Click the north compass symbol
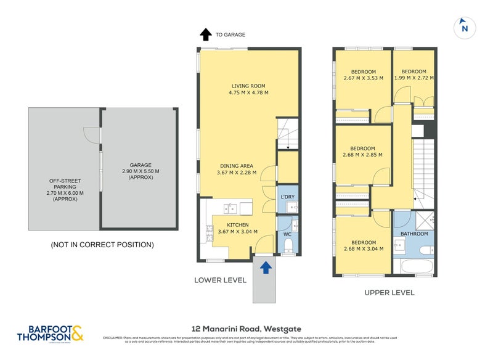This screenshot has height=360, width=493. click(x=464, y=27)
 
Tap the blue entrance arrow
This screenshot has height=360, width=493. click(x=266, y=267)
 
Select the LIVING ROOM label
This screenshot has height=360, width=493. click(x=248, y=86)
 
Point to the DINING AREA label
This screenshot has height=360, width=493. click(x=243, y=166)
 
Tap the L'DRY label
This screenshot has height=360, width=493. click(x=288, y=196)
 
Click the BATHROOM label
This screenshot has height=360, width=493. click(x=414, y=234)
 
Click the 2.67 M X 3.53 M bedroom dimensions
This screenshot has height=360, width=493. click(x=363, y=78)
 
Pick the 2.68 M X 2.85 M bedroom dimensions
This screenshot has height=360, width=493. click(x=362, y=155)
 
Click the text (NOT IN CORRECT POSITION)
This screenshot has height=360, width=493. click(x=102, y=245)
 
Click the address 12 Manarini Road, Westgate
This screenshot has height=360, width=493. click(x=246, y=329)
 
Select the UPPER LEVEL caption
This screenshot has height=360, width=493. click(x=389, y=292)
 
